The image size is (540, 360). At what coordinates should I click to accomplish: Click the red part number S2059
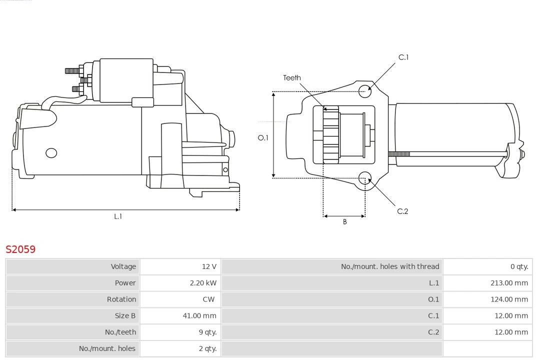(x=20, y=249)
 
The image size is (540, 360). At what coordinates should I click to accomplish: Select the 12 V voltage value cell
(x=209, y=266)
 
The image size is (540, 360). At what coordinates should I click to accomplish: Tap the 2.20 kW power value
(x=203, y=283)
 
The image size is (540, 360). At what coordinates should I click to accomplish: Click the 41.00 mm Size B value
(x=199, y=315)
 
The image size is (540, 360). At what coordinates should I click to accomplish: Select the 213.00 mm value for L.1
(x=509, y=283)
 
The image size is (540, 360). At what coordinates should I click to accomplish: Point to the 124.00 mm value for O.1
(x=509, y=299)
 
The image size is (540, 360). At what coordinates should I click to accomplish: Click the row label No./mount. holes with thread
(x=390, y=266)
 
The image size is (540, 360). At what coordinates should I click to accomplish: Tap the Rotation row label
(x=121, y=299)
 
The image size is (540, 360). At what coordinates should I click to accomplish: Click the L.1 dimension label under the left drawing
(x=118, y=216)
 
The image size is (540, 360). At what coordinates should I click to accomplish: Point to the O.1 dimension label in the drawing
(x=263, y=138)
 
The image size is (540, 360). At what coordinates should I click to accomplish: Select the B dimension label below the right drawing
(x=344, y=222)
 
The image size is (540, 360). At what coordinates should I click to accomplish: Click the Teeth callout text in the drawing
(x=292, y=78)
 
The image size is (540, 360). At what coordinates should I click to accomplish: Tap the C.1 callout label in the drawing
(x=403, y=57)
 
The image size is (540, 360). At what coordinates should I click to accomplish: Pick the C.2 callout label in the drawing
(x=402, y=211)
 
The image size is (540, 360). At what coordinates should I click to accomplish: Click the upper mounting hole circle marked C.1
(x=365, y=90)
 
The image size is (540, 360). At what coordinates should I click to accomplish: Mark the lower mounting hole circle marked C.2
(x=365, y=178)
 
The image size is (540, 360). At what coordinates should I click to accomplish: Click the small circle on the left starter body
(x=51, y=153)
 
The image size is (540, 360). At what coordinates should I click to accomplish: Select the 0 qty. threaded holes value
(x=519, y=266)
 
